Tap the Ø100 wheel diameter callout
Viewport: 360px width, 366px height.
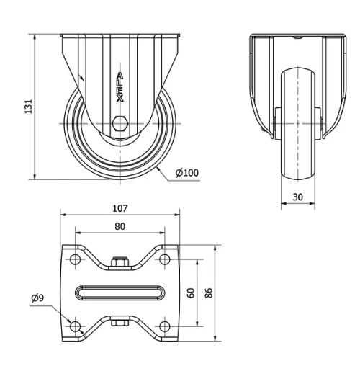[x=187, y=172]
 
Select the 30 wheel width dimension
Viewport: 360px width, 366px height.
[x=297, y=196]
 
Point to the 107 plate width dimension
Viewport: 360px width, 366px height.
[x=120, y=208]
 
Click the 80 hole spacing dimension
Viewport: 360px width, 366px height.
[x=120, y=226]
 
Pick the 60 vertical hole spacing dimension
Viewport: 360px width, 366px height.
[x=191, y=293]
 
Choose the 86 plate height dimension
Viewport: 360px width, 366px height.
[x=209, y=293]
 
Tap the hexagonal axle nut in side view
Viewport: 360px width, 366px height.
[x=121, y=123]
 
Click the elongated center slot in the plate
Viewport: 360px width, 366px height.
[x=120, y=293]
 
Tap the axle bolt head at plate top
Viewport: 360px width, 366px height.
[x=120, y=262]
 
